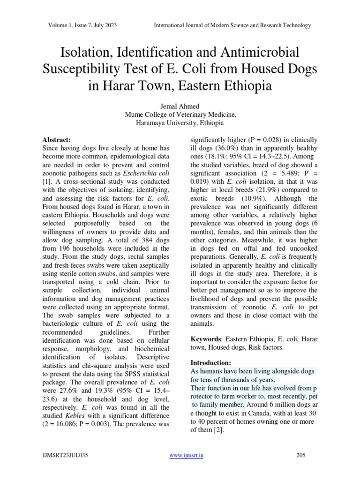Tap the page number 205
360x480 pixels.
301,455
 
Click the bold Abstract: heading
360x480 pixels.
57,140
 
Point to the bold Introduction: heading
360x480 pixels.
210,362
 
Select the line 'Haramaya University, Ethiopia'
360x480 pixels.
180,123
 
